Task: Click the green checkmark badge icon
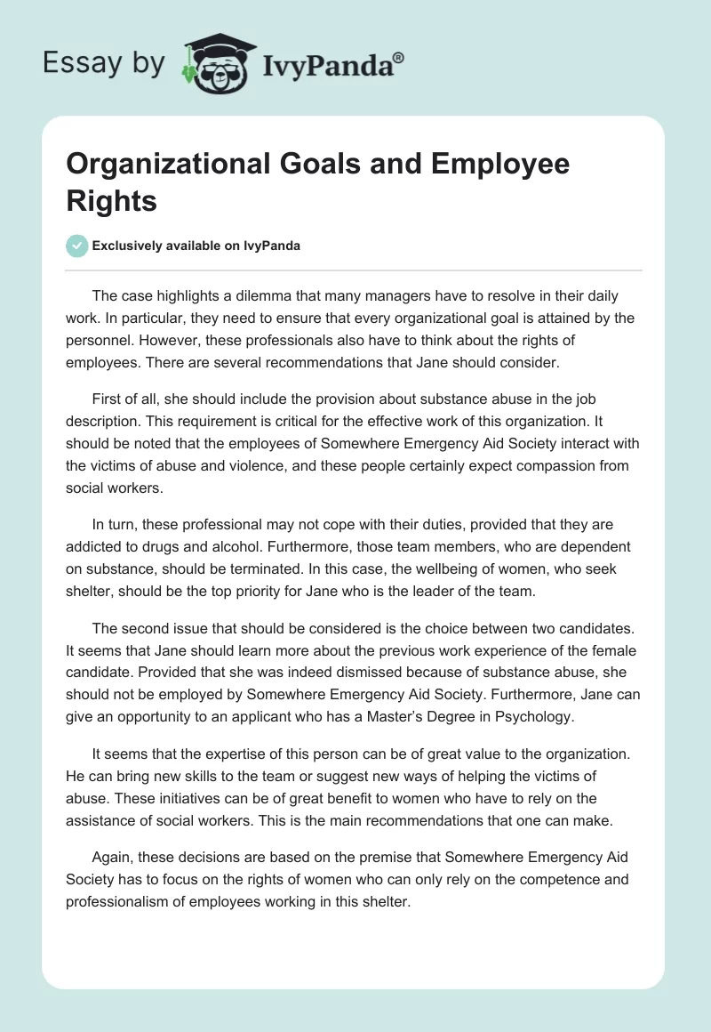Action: [77, 246]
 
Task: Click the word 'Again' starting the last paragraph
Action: [110, 861]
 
